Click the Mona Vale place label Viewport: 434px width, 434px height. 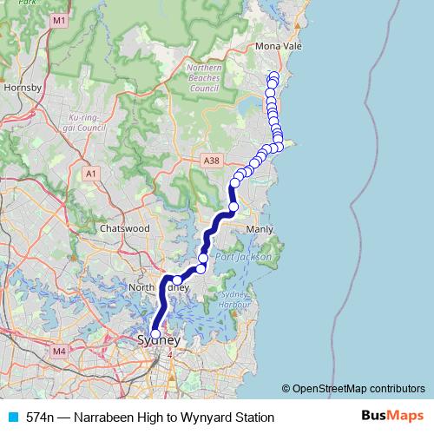[x=278, y=47]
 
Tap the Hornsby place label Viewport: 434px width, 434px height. [x=17, y=88]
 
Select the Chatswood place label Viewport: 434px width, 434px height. [x=125, y=228]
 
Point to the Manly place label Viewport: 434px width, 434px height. [x=260, y=229]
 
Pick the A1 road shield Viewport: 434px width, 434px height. [x=91, y=174]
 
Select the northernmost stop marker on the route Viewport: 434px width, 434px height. [x=274, y=76]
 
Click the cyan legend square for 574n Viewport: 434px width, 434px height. [x=12, y=418]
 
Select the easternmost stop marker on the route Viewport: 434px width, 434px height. [x=279, y=145]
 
